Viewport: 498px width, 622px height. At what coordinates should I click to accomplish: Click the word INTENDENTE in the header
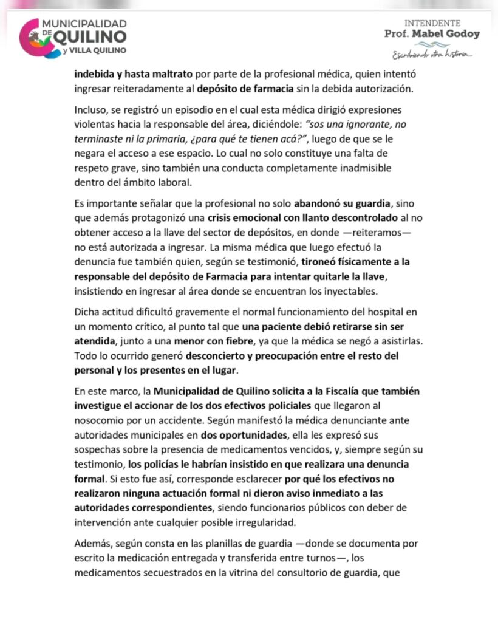click(432, 23)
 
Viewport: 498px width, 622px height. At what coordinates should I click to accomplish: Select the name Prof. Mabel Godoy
click(432, 34)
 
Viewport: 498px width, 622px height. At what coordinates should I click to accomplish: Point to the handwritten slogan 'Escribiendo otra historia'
click(432, 55)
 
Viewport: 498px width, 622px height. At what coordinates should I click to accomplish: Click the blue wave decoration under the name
click(432, 44)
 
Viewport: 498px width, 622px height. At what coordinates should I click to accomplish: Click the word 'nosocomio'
click(99, 419)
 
